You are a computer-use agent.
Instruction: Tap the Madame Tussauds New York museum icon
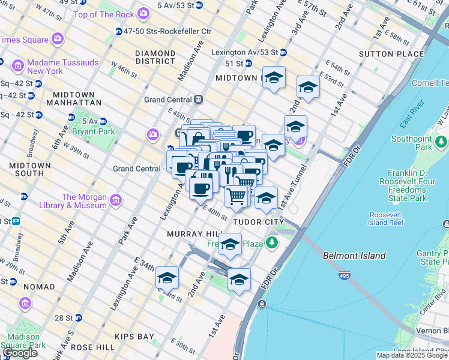click(x=17, y=65)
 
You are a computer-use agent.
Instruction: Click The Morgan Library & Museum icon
click(x=116, y=200)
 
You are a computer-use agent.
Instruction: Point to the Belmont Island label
click(x=354, y=256)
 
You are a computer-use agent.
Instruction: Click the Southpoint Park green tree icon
click(x=442, y=142)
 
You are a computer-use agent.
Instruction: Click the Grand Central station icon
click(x=197, y=99)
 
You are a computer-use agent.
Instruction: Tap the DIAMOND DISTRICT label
click(x=155, y=57)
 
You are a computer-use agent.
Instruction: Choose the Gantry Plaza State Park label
click(x=433, y=258)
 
